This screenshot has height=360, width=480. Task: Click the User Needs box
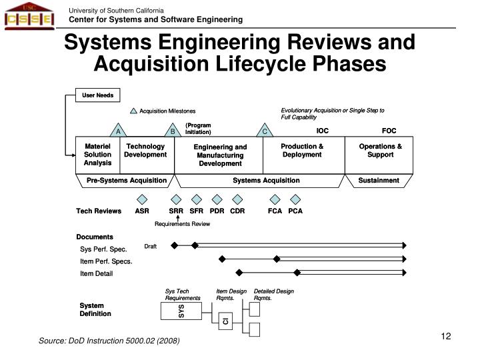click(x=97, y=95)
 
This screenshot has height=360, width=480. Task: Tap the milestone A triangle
click(x=118, y=131)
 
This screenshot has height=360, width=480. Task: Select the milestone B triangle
click(x=173, y=131)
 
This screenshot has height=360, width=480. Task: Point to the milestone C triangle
click(x=265, y=131)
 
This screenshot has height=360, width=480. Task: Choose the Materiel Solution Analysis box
click(x=97, y=155)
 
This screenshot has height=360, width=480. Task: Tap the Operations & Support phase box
click(x=379, y=155)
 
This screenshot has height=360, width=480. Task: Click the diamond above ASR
click(x=142, y=199)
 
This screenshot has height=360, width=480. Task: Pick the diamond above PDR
click(x=217, y=199)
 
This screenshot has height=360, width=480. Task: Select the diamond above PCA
click(x=295, y=199)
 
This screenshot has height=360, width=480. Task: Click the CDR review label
click(x=237, y=211)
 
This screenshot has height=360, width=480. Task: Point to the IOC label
click(x=323, y=131)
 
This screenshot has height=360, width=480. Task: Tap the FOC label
click(x=389, y=131)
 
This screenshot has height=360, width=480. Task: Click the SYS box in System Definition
click(x=181, y=311)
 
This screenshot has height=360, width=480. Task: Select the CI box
click(x=225, y=321)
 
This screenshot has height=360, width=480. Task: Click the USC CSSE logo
click(x=29, y=16)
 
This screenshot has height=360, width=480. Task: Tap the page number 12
click(x=446, y=336)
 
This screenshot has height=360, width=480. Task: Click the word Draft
click(x=150, y=247)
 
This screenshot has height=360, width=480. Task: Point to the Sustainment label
click(x=379, y=180)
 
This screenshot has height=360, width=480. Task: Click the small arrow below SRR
click(x=178, y=218)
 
